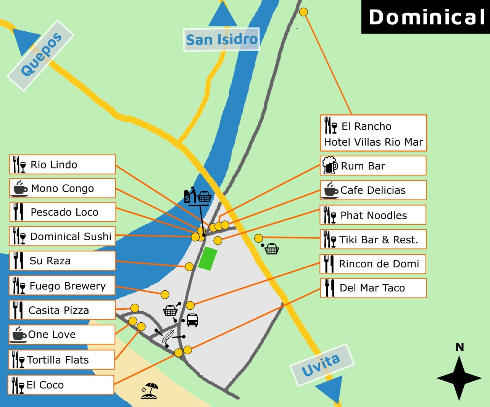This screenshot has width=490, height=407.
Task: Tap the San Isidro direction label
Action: [x=221, y=39]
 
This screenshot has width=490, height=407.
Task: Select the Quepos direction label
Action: [x=41, y=55]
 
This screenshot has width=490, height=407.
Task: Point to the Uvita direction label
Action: [x=321, y=365]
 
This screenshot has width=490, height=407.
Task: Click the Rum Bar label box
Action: [x=373, y=166]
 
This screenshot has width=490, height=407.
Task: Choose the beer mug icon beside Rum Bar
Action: [x=329, y=166]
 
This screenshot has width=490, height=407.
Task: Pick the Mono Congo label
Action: [x=63, y=188]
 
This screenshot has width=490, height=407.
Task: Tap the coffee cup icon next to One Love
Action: [x=19, y=335]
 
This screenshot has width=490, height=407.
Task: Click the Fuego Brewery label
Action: [x=62, y=286]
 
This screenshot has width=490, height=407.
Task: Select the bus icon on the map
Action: [x=192, y=320]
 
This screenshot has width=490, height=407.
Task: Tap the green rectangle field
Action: [x=208, y=259]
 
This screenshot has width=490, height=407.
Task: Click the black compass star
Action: [x=459, y=378]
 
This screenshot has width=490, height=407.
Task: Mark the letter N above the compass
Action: [x=459, y=347]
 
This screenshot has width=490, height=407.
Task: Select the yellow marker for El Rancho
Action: [x=303, y=12]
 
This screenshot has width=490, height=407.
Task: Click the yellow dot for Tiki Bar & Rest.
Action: [x=258, y=238]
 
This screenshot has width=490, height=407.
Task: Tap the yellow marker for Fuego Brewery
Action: [x=165, y=294]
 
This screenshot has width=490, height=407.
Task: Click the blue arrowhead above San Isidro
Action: [x=223, y=15]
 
